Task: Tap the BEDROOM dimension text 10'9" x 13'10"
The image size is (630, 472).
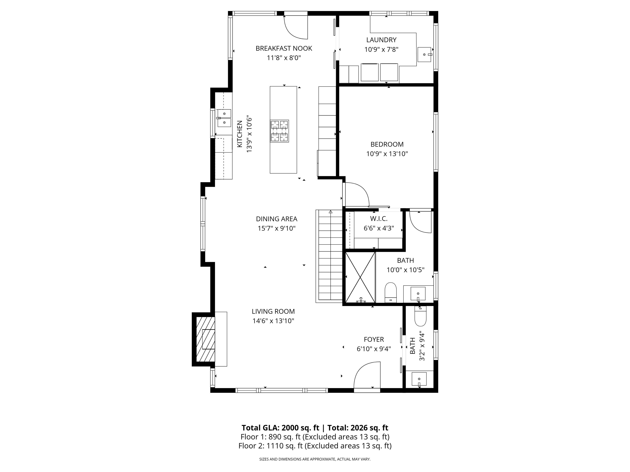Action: point(387,154)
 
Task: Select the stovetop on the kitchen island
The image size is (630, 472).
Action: point(279,131)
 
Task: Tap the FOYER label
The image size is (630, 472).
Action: point(374,339)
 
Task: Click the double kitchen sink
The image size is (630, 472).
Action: point(224,118)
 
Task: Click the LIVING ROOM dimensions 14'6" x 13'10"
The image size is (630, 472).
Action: point(273,321)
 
